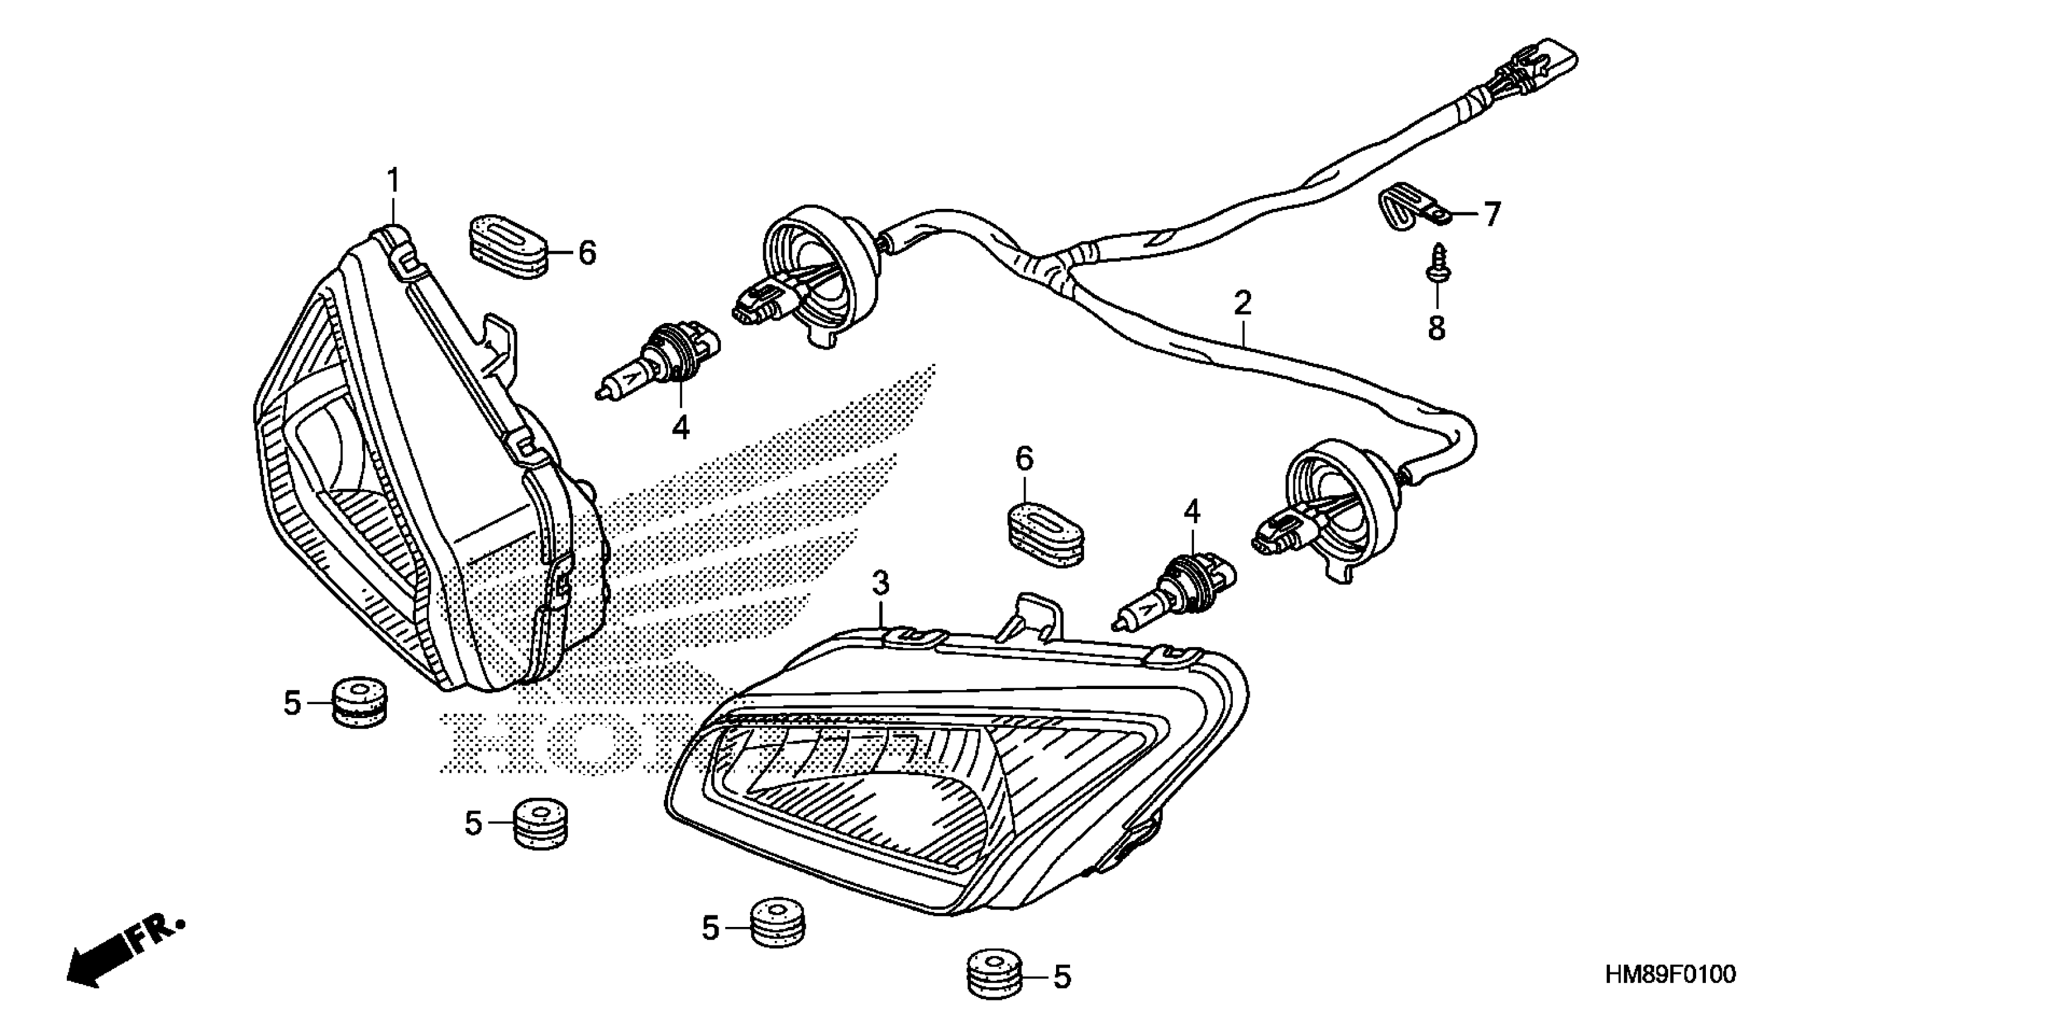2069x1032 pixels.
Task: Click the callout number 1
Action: [394, 182]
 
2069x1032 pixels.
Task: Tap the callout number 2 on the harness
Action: [1242, 304]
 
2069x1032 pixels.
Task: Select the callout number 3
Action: [881, 583]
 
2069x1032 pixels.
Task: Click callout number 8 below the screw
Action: [1436, 328]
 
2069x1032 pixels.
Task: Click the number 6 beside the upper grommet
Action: [587, 254]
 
